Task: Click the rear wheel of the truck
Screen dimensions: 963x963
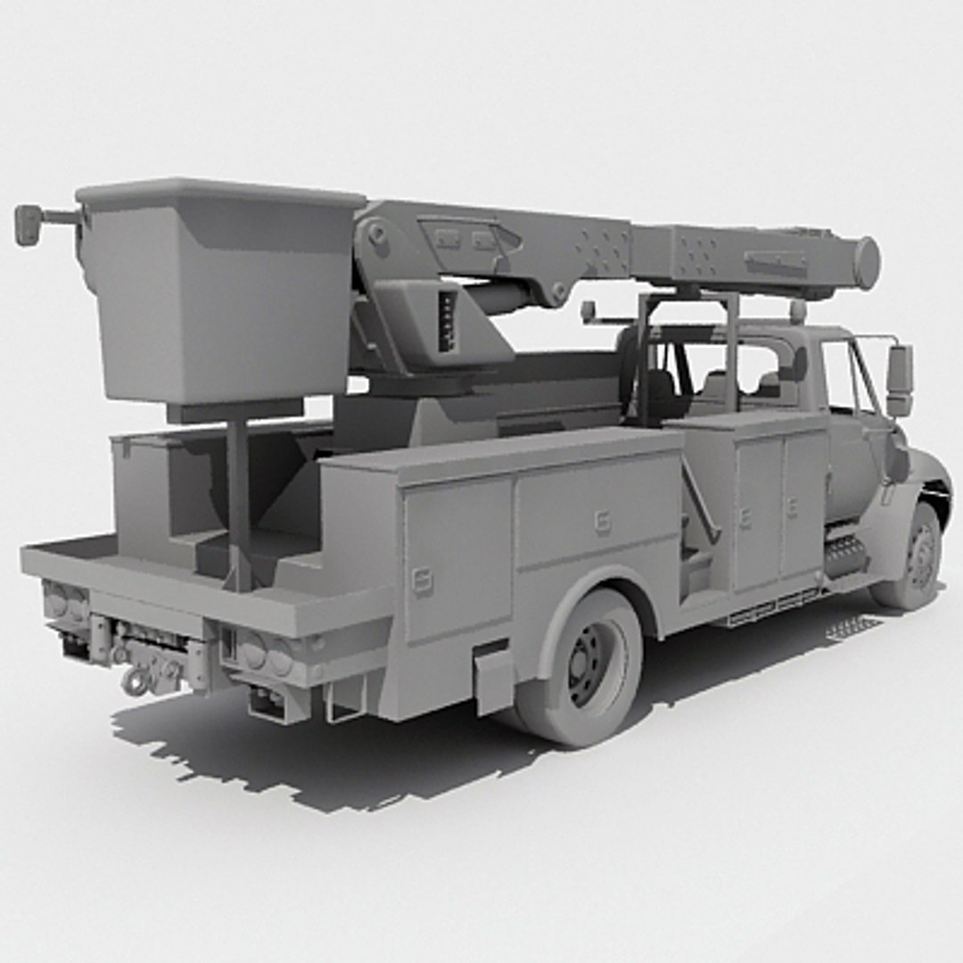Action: click(588, 664)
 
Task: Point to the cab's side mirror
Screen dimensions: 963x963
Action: click(899, 380)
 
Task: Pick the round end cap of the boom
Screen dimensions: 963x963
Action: click(866, 263)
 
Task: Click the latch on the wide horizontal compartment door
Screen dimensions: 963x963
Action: click(603, 522)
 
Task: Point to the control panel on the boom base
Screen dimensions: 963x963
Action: click(447, 321)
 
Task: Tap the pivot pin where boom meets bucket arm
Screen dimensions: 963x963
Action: click(377, 234)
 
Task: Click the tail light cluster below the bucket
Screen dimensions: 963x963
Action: click(67, 603)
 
